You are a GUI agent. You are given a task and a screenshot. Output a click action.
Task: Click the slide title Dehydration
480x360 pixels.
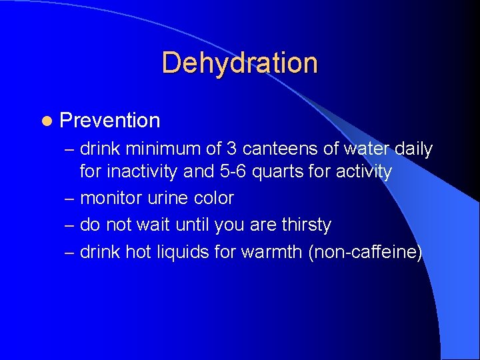click(239, 63)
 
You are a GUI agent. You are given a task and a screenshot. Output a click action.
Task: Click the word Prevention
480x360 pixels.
click(110, 121)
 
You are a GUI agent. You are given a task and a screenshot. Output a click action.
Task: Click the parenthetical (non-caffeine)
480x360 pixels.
click(365, 253)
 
